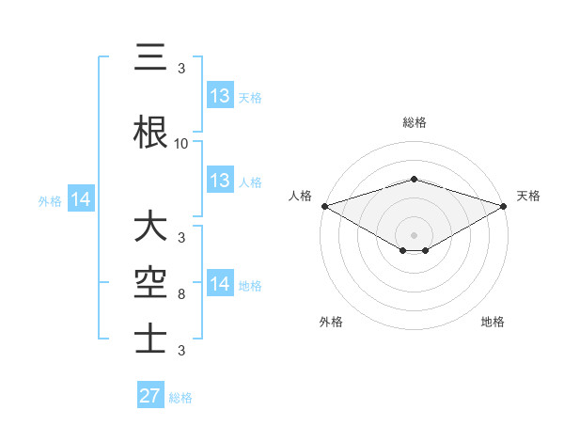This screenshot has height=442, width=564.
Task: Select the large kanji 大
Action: (x=150, y=228)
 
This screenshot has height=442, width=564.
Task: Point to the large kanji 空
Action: (x=150, y=281)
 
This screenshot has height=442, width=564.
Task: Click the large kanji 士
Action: (x=150, y=337)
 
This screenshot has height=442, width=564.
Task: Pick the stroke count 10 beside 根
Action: (x=181, y=144)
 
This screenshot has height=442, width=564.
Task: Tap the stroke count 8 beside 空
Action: (x=181, y=294)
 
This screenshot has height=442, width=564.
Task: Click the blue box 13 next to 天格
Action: (x=220, y=96)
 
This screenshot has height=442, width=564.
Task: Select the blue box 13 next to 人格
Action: (x=220, y=181)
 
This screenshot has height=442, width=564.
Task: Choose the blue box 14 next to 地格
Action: (x=220, y=284)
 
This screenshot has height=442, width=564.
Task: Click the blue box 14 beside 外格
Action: (x=81, y=199)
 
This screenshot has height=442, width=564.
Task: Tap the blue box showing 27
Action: (x=150, y=396)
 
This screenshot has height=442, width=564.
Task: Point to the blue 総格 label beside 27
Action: (x=180, y=397)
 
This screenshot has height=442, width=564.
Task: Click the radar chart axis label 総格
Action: (x=415, y=122)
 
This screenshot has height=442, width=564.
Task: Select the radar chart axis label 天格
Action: (x=529, y=196)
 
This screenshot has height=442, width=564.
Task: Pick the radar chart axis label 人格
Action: (x=300, y=196)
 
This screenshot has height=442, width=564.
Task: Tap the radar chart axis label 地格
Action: (x=493, y=322)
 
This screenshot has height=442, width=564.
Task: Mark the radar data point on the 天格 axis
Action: (x=505, y=205)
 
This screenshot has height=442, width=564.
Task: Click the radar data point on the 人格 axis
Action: (x=324, y=205)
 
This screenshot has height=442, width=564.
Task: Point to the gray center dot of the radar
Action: (x=415, y=234)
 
